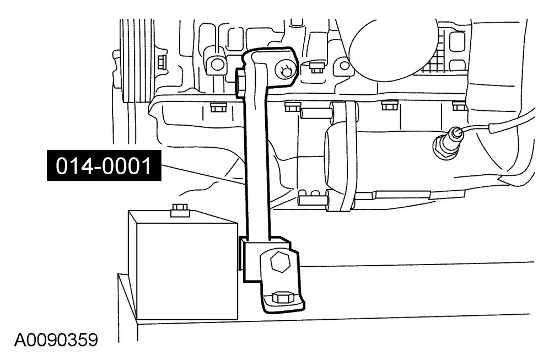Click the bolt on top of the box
(179, 209)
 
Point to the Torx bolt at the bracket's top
(286, 70)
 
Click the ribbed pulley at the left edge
(131, 61)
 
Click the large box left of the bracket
(182, 265)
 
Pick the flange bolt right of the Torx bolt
(316, 67)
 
